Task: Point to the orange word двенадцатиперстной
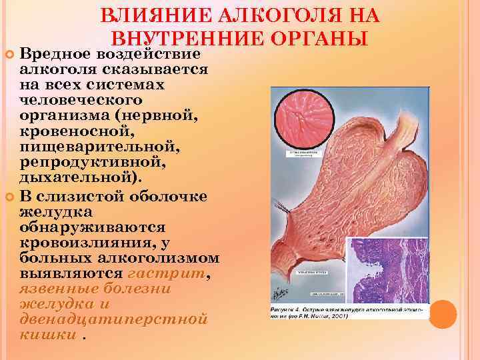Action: click(x=113, y=319)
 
